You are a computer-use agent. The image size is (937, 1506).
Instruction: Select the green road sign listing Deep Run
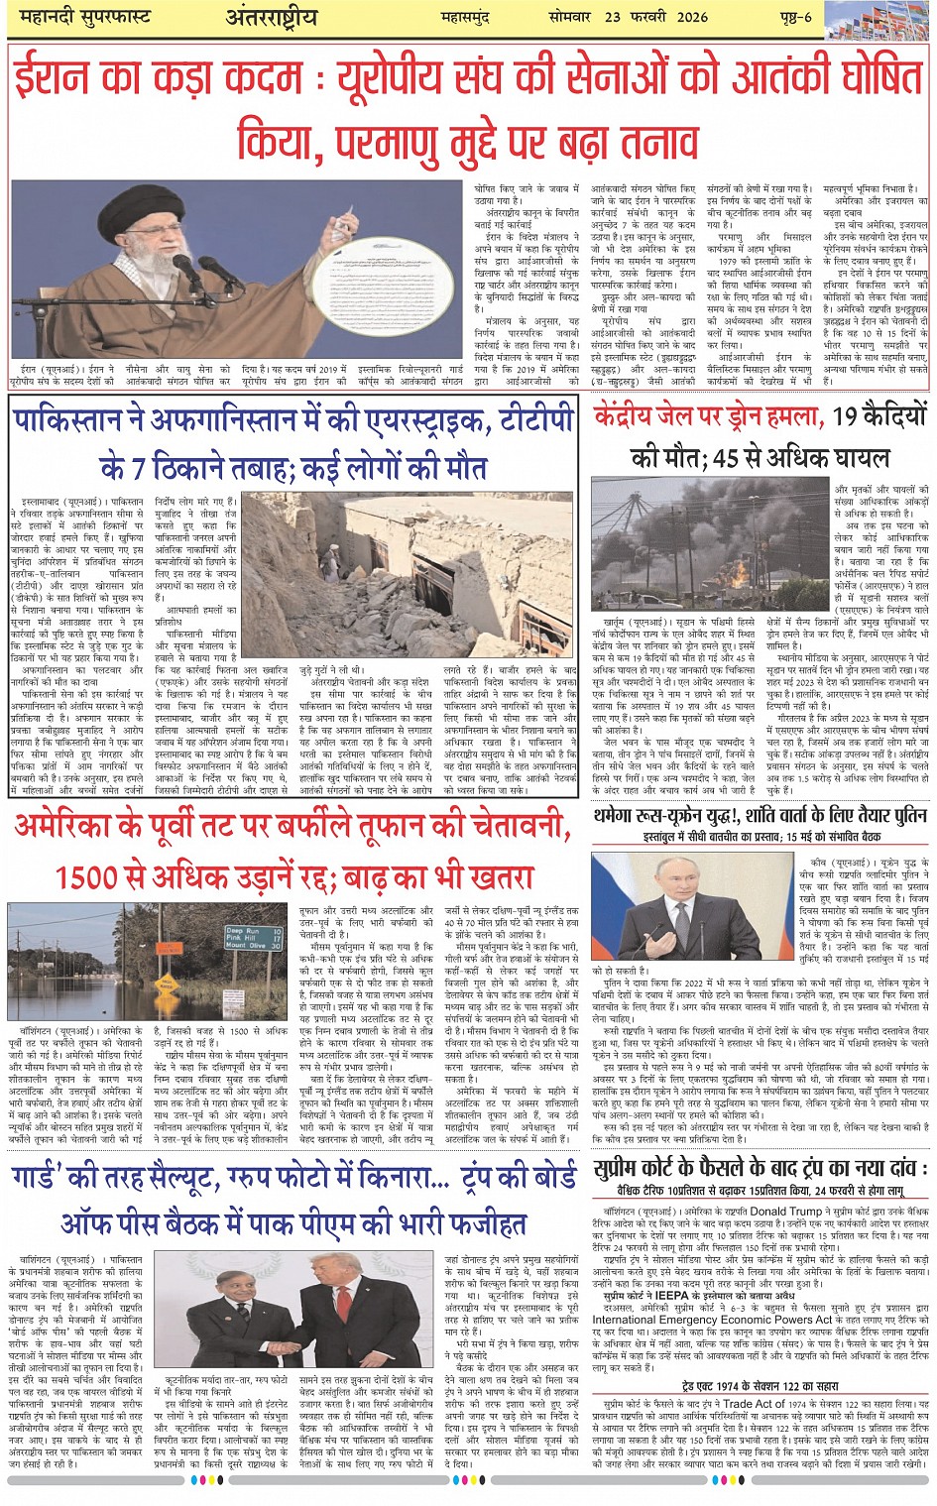pyautogui.click(x=246, y=938)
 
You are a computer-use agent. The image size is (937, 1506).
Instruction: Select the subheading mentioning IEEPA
pyautogui.click(x=683, y=1296)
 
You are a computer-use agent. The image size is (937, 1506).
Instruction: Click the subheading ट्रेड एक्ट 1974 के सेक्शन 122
pyautogui.click(x=760, y=1386)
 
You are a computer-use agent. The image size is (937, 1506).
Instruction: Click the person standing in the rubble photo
pyautogui.click(x=329, y=561)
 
